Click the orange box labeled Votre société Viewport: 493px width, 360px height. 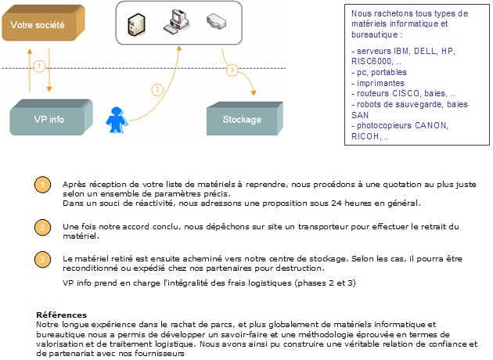coord(43,23)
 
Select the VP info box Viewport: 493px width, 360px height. coord(51,117)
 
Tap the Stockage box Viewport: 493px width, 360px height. coord(245,118)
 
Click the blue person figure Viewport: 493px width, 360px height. coord(117,120)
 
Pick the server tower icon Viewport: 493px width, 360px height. coord(136,24)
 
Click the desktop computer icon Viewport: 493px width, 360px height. coord(176,21)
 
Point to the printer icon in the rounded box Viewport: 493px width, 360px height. coord(216,21)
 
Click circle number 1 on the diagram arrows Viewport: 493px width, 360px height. coord(39,67)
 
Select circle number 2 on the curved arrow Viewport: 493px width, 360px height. coord(157,90)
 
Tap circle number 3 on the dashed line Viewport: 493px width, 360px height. coord(232,70)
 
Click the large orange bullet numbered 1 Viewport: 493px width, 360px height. coord(43,185)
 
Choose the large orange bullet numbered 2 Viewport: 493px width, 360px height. coord(43,227)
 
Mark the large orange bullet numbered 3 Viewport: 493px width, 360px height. coord(43,260)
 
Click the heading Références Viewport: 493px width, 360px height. coord(61,315)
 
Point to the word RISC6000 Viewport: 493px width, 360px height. coord(372,61)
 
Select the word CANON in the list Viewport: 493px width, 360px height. coord(430,125)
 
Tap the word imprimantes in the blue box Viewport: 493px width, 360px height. coord(380,83)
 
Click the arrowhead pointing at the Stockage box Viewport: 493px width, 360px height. coord(254,93)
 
